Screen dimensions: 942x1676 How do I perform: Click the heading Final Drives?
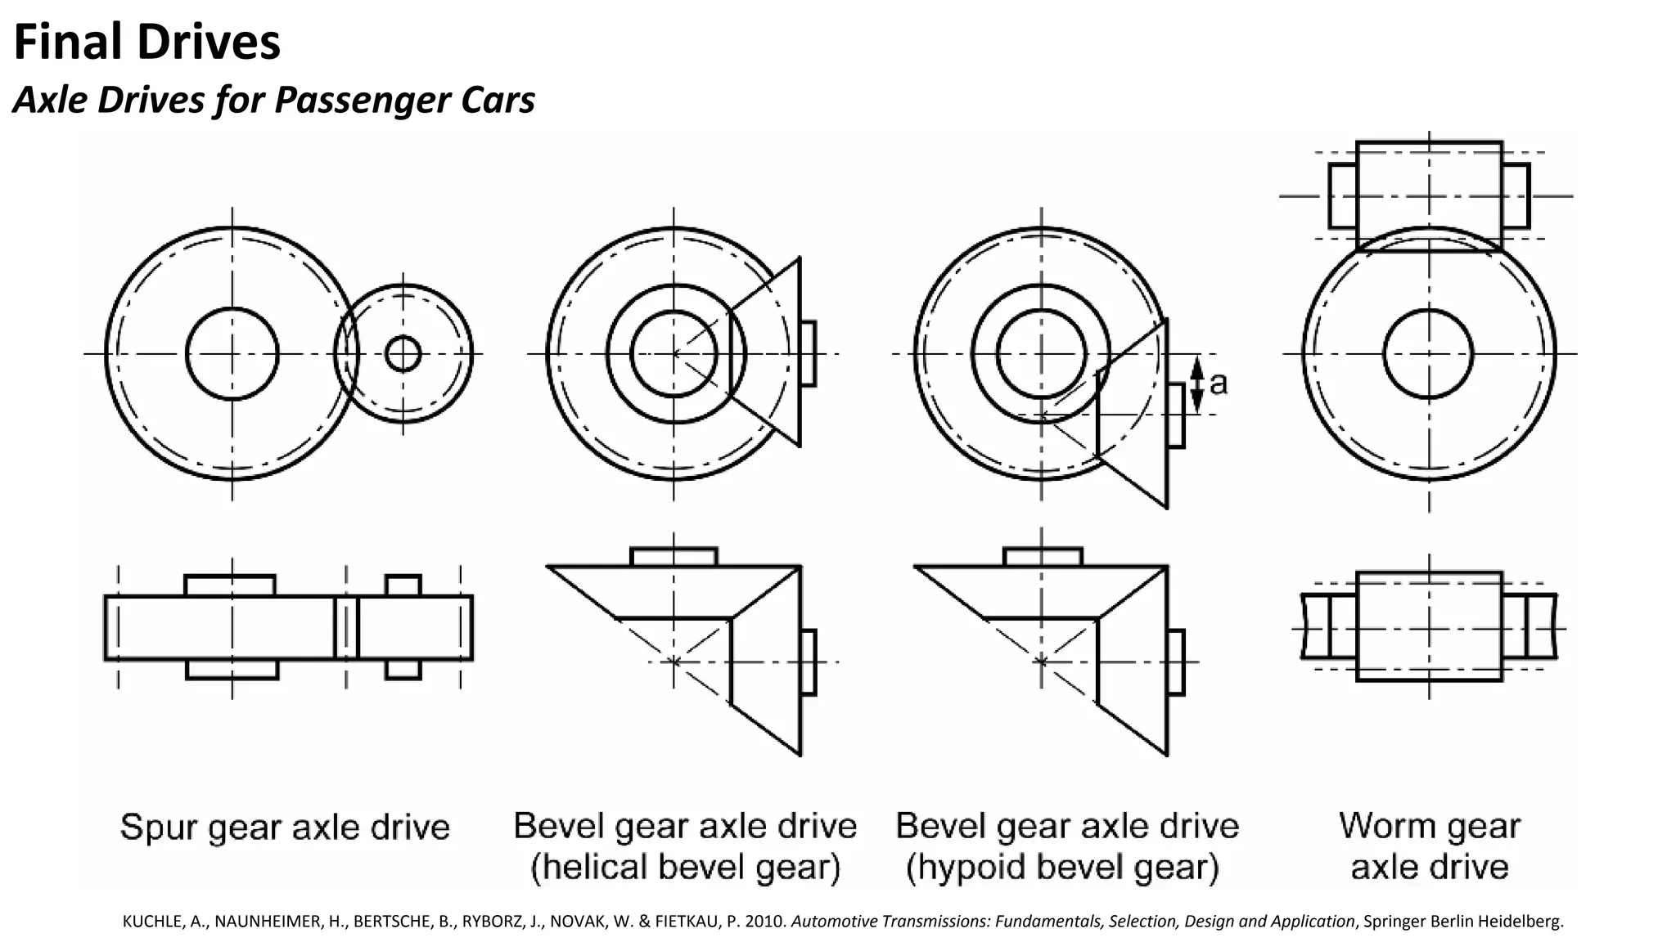(x=147, y=43)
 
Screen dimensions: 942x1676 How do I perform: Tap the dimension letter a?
(x=1219, y=383)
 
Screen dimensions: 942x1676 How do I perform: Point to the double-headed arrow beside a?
(x=1196, y=384)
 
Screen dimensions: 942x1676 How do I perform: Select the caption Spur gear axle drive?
(x=285, y=828)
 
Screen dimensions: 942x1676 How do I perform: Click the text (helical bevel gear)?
(x=685, y=868)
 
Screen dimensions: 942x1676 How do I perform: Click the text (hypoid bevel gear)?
(x=1062, y=868)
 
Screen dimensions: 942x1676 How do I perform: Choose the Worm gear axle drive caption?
(x=1429, y=846)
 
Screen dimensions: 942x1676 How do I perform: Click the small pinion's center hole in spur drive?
(x=403, y=354)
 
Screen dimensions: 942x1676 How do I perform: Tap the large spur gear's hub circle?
(x=232, y=354)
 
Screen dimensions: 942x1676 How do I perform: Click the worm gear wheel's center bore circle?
(x=1428, y=354)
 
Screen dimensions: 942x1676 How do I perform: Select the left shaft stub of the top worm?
(x=1342, y=196)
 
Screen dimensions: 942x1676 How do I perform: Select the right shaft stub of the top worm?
(x=1516, y=196)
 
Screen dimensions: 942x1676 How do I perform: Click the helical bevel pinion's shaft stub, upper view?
(x=808, y=353)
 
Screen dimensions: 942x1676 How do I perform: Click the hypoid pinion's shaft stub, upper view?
(x=1176, y=415)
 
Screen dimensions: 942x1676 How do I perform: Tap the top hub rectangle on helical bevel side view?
(x=674, y=557)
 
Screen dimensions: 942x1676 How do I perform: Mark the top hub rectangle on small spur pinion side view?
(x=403, y=585)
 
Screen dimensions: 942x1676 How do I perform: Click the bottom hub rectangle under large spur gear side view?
(x=232, y=670)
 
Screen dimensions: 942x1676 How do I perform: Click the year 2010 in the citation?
(x=768, y=922)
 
